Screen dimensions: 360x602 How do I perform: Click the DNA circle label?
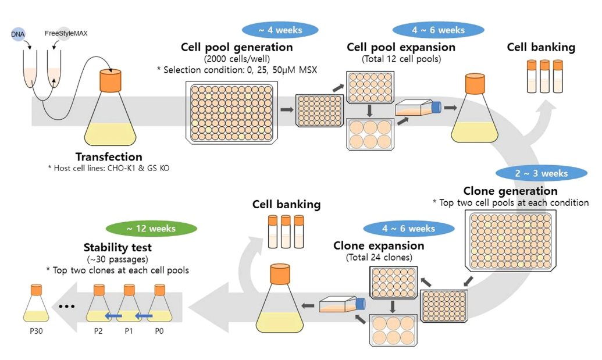pyautogui.click(x=18, y=34)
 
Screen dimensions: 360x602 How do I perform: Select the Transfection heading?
pyautogui.click(x=109, y=157)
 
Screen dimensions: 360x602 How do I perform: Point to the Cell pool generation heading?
pyautogui.click(x=237, y=47)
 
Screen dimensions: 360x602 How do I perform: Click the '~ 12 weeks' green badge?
pyautogui.click(x=151, y=229)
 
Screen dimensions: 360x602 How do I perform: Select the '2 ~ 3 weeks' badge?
pyautogui.click(x=542, y=173)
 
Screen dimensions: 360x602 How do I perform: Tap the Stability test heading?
pyautogui.click(x=117, y=247)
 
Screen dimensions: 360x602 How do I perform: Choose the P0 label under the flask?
pyautogui.click(x=158, y=332)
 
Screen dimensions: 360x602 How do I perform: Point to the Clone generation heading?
pyautogui.click(x=510, y=191)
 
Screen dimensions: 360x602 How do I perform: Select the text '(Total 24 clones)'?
pyautogui.click(x=379, y=257)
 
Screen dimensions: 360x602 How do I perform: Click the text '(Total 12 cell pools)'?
pyautogui.click(x=401, y=59)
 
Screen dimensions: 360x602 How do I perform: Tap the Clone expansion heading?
pyautogui.click(x=379, y=245)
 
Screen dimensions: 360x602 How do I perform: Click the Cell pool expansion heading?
pyautogui.click(x=401, y=47)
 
